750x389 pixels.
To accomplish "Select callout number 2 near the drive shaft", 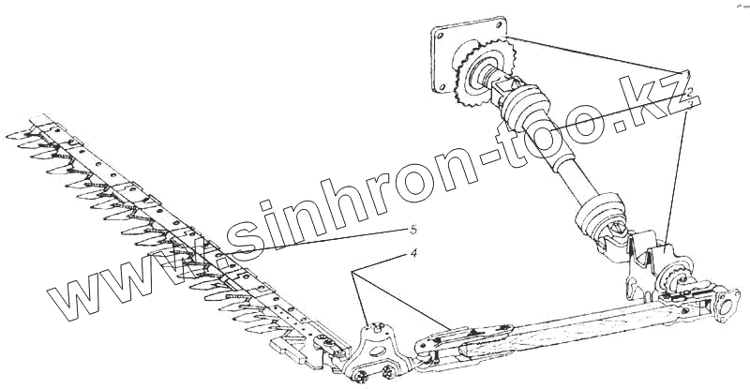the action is (689, 93).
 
